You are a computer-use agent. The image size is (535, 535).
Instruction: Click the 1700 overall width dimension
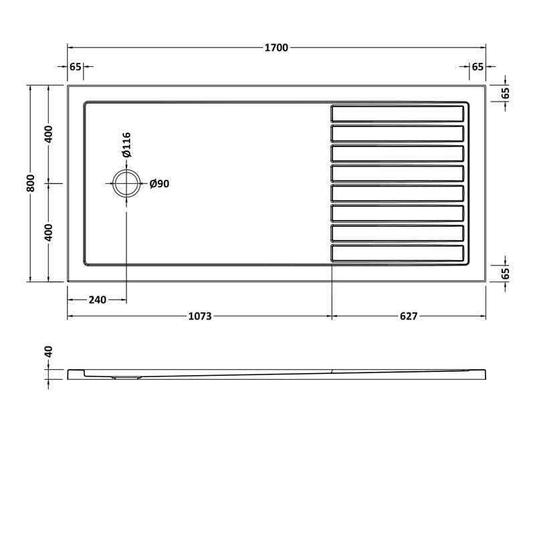point(276,47)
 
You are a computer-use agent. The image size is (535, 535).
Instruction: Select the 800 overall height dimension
point(30,183)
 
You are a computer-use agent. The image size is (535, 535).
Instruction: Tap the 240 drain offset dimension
point(97,300)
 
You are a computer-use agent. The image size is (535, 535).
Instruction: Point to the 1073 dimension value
point(199,316)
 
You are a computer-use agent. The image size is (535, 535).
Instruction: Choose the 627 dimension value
point(409,316)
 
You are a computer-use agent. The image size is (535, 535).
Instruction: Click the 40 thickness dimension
point(48,352)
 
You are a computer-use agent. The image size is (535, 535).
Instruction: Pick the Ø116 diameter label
point(126,144)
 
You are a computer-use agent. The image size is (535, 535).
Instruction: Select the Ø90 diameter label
point(159,184)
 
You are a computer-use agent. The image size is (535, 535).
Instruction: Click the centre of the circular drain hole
point(126,183)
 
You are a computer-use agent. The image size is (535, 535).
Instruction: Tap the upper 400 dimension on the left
point(48,134)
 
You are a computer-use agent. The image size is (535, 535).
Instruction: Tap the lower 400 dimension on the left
point(48,232)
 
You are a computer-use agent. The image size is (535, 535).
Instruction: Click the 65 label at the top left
point(75,67)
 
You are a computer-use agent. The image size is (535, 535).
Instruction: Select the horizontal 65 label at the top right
point(477,67)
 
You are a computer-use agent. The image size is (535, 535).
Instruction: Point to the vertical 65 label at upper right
point(506,93)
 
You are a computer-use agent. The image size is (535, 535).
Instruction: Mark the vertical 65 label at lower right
point(506,273)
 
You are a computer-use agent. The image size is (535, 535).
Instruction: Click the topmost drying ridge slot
point(397,113)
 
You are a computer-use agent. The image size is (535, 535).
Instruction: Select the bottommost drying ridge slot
point(397,253)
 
